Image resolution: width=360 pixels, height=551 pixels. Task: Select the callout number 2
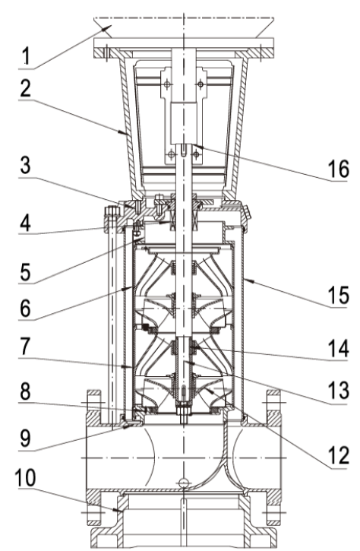click(x=25, y=88)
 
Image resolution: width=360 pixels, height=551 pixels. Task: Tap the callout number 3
click(x=25, y=165)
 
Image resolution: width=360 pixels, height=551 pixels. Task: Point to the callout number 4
click(x=25, y=223)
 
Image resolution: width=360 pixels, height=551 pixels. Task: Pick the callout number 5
click(x=25, y=271)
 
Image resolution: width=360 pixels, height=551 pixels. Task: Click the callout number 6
click(x=25, y=309)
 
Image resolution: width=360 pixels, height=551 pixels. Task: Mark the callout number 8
click(x=25, y=391)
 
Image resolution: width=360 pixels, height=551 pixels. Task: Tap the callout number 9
click(x=25, y=438)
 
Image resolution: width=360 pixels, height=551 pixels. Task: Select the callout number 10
click(x=25, y=478)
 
